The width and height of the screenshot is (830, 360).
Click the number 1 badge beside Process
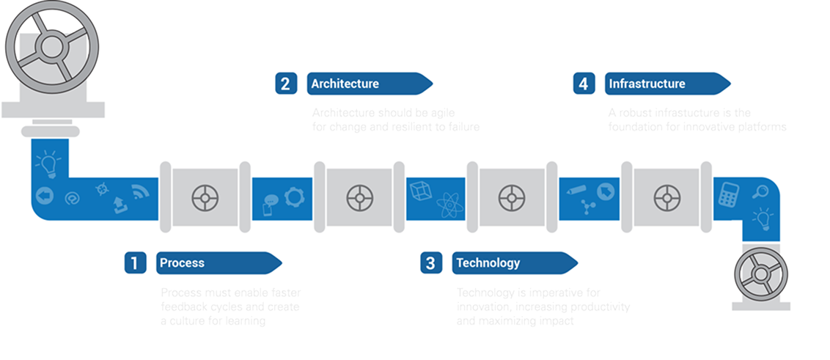tap(134, 262)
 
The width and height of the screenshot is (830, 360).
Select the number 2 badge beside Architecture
tap(285, 83)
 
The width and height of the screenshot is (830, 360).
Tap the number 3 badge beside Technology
tap(430, 262)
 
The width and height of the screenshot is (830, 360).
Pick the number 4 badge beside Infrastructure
tap(584, 84)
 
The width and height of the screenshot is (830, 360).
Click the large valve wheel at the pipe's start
tap(52, 45)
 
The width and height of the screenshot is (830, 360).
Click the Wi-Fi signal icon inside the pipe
tap(140, 194)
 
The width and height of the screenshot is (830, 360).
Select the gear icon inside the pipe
tap(293, 196)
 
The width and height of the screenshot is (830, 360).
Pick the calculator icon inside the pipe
tap(729, 194)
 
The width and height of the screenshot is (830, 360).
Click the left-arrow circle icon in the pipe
tap(44, 196)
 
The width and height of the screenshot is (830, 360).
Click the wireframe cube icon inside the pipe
tap(419, 189)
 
